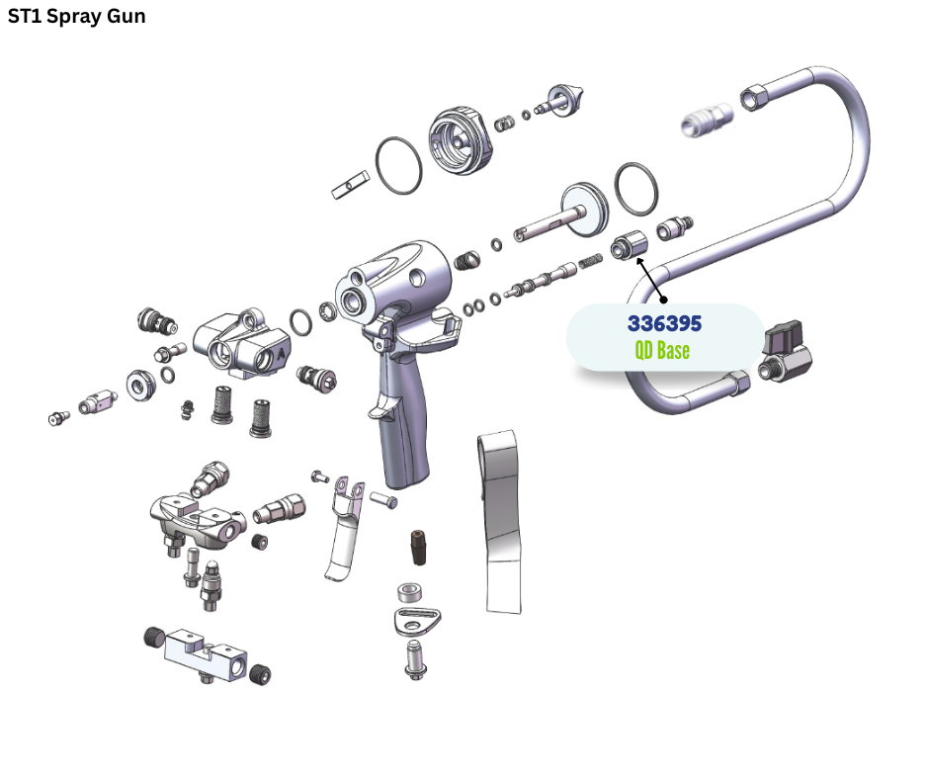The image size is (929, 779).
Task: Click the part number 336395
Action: (664, 323)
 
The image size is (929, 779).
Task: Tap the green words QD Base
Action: (662, 350)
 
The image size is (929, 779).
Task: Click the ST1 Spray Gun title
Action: (76, 16)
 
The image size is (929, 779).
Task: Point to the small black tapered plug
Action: (418, 548)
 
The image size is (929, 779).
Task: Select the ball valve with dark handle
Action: (785, 352)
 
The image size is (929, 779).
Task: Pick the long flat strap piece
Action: (501, 522)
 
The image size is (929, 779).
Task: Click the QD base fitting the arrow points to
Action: (630, 244)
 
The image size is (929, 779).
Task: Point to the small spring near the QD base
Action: (590, 261)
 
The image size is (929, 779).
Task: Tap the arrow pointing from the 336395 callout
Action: (651, 279)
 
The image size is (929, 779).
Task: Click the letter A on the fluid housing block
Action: (281, 353)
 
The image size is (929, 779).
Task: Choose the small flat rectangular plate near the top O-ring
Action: (350, 185)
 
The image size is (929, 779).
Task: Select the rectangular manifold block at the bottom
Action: (205, 654)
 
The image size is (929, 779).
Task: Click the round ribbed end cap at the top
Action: (461, 140)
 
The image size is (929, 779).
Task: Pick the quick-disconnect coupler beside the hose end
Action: (707, 119)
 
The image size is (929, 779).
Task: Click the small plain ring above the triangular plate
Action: (409, 592)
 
